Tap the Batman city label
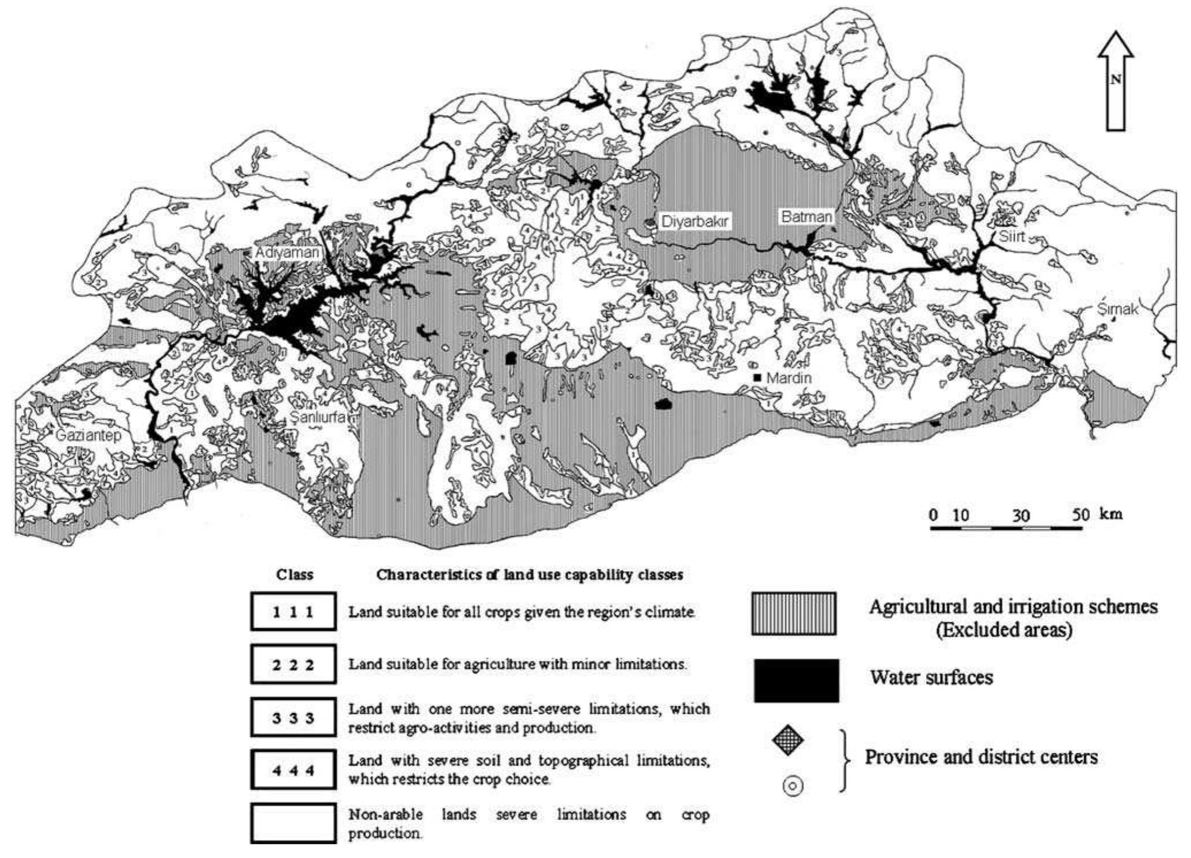806,217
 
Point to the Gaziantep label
88,435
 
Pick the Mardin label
789,378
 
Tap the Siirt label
1011,236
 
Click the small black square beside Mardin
757,378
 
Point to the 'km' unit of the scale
1111,513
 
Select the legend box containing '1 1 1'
293,611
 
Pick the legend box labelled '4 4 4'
293,769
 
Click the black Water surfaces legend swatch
796,680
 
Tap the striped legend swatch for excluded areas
794,614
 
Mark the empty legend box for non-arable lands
293,823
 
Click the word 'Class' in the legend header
295,575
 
